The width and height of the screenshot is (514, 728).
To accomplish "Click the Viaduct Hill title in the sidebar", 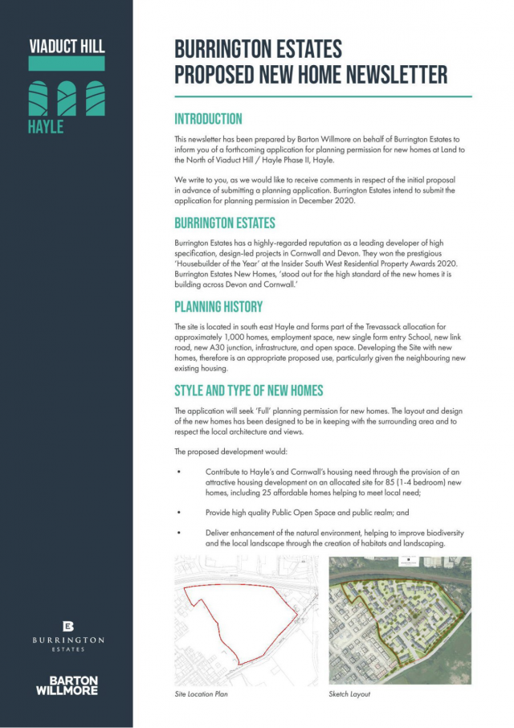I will (x=67, y=47).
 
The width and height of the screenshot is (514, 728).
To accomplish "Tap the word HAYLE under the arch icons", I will (x=46, y=127).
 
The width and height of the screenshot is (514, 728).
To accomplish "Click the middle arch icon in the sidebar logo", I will (x=67, y=98).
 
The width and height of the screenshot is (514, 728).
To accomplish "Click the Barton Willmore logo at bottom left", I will (x=68, y=685).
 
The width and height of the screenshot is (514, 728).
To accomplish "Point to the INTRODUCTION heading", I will (x=208, y=119).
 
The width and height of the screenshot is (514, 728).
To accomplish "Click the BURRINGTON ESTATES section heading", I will (x=225, y=223).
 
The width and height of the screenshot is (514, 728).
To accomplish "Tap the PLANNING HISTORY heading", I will (x=218, y=307).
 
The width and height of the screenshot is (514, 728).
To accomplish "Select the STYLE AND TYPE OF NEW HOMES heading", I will (x=249, y=391).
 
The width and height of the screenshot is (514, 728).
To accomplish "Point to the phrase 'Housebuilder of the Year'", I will (x=217, y=262).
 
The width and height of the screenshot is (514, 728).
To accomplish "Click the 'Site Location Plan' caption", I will (x=202, y=693).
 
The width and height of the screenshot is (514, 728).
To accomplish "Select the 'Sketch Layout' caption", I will (x=349, y=693).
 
